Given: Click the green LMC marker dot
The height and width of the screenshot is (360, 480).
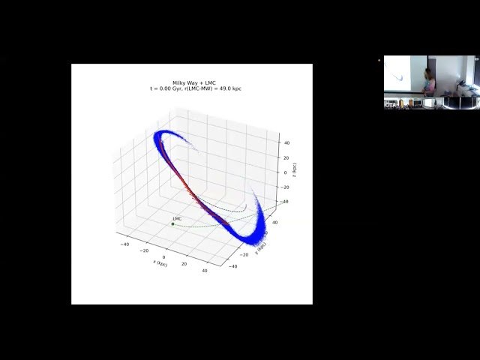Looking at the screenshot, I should click(172, 223).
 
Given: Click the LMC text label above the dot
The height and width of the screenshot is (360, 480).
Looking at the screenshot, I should click(177, 218).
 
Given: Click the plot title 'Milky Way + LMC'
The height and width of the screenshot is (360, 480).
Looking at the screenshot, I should click(191, 82).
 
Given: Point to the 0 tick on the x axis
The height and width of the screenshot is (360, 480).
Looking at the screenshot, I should click(164, 256).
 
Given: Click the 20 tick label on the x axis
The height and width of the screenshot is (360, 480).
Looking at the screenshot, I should click(184, 262).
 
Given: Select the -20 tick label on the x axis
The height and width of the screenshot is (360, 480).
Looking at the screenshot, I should click(145, 250).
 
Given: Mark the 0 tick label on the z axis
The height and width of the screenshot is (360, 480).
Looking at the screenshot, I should click(285, 172).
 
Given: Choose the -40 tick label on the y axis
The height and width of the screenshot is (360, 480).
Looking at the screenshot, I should click(234, 265).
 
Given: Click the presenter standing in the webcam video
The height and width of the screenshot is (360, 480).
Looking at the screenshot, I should click(430, 82).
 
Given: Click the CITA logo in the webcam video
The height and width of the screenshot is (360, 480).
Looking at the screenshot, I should click(390, 105).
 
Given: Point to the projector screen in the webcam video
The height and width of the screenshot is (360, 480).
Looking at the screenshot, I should click(398, 75).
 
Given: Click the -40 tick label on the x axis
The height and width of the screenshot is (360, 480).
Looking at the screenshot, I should click(125, 244).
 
